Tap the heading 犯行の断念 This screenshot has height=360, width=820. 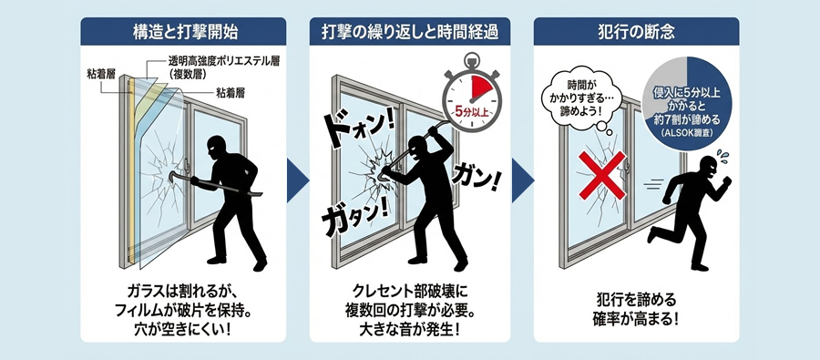(x=637, y=33)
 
